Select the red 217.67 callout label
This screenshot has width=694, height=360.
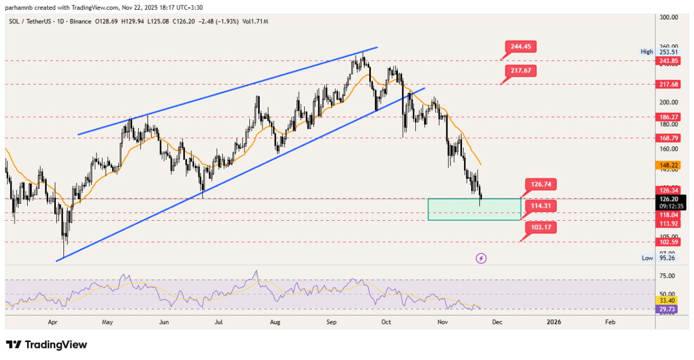(520, 70)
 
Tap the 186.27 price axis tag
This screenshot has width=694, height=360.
(666, 117)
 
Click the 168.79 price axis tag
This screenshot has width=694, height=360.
(666, 138)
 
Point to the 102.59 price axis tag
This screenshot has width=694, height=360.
(666, 242)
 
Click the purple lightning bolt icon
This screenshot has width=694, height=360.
(481, 258)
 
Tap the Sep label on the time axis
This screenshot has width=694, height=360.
(332, 322)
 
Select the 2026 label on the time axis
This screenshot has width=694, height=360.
(554, 322)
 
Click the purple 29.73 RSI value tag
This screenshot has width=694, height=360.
(666, 309)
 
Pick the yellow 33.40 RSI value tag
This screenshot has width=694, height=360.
(666, 300)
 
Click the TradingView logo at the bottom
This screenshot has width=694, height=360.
(47, 345)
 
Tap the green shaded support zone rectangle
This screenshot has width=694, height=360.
(474, 209)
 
